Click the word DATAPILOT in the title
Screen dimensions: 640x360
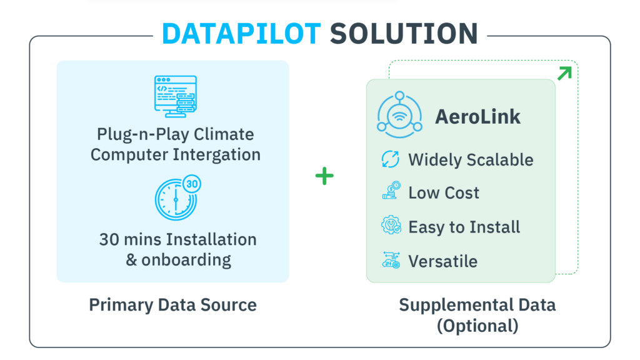pos(241,34)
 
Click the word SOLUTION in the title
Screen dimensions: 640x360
pos(404,34)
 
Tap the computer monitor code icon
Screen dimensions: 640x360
pos(176,96)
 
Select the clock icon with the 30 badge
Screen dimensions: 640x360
pos(177,198)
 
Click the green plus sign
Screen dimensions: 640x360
pos(324,176)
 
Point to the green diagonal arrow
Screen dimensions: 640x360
pos(564,74)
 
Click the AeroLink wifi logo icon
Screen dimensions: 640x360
pos(399,115)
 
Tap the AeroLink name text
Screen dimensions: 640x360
pos(477,117)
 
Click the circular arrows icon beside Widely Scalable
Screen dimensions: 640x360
pos(390,159)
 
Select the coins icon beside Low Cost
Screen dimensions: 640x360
pos(391,191)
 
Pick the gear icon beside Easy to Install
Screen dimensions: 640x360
pos(391,225)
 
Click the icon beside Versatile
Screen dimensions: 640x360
pos(391,260)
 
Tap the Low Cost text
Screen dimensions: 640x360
pos(444,192)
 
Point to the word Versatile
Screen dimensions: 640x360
pos(443,261)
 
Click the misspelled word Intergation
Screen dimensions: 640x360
pos(216,155)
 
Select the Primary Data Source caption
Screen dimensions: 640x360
pos(172,305)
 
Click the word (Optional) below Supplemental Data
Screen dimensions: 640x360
pos(477,326)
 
